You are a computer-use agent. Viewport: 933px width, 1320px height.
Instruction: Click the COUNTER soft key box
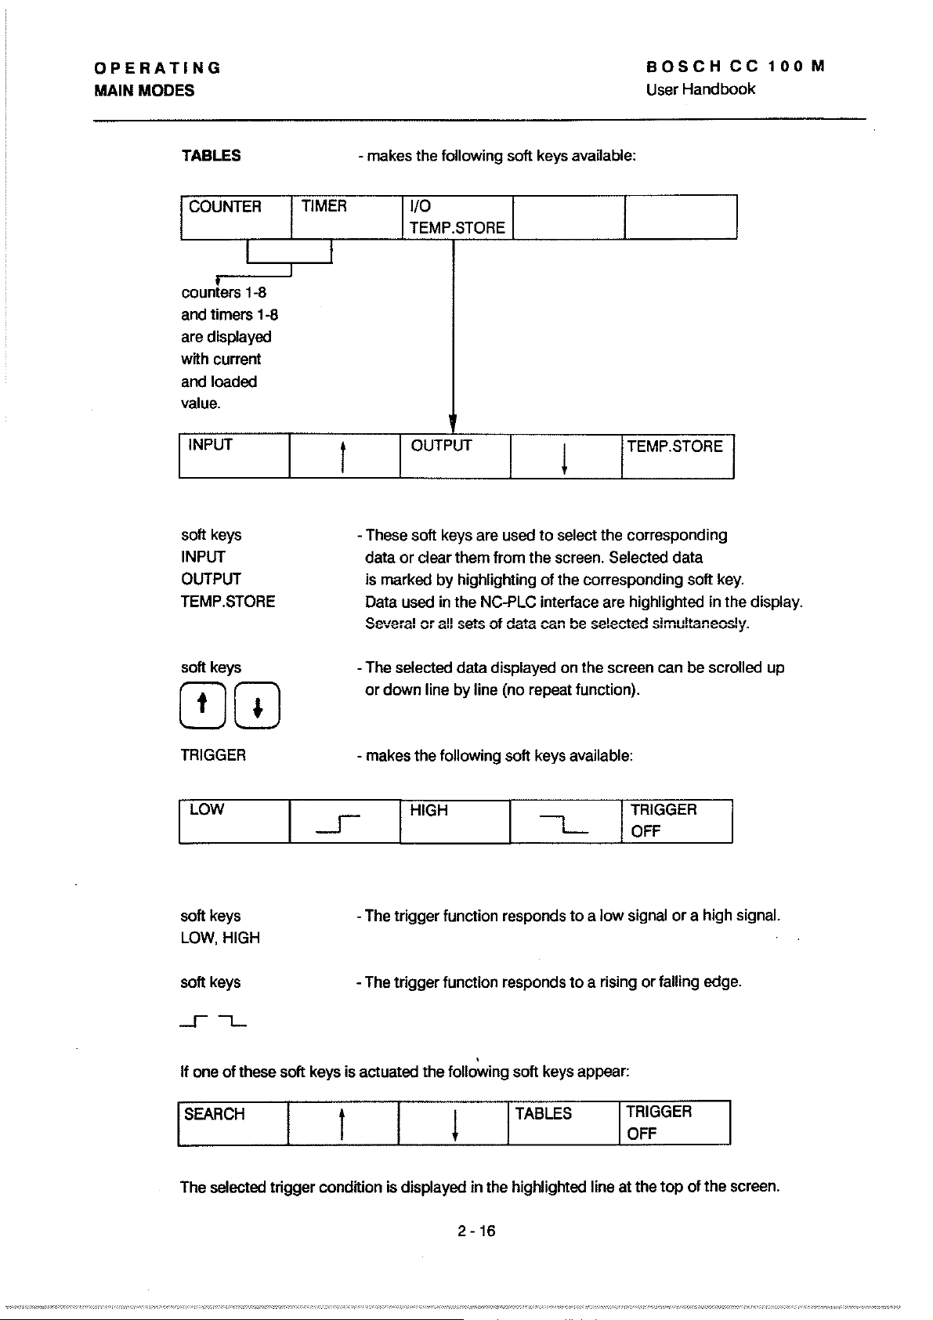pyautogui.click(x=235, y=217)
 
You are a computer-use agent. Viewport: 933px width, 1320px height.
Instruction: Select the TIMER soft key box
pyautogui.click(x=345, y=217)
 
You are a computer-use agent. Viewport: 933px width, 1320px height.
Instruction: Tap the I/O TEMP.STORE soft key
pyautogui.click(x=457, y=217)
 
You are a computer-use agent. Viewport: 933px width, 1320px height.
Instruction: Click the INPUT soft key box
pyautogui.click(x=234, y=455)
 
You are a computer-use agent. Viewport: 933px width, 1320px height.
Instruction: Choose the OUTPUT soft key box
pyautogui.click(x=455, y=455)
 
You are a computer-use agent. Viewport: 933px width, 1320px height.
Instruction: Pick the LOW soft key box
pyautogui.click(x=234, y=821)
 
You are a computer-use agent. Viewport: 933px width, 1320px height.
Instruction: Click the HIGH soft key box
pyautogui.click(x=455, y=821)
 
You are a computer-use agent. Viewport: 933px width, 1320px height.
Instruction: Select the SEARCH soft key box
pyautogui.click(x=233, y=1123)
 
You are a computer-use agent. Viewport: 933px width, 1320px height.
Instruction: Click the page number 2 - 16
pyautogui.click(x=476, y=1231)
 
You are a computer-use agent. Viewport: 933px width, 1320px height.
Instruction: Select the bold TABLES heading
pyautogui.click(x=212, y=155)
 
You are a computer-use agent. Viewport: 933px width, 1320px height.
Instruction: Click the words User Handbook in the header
pyautogui.click(x=700, y=89)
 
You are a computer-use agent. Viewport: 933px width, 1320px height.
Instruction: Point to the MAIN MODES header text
pyautogui.click(x=144, y=90)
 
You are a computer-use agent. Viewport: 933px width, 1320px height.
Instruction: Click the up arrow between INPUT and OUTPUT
pyautogui.click(x=345, y=456)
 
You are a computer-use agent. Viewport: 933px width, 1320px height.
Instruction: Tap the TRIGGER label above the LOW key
pyautogui.click(x=213, y=755)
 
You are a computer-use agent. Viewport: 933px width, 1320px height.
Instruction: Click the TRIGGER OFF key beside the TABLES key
pyautogui.click(x=675, y=1123)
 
